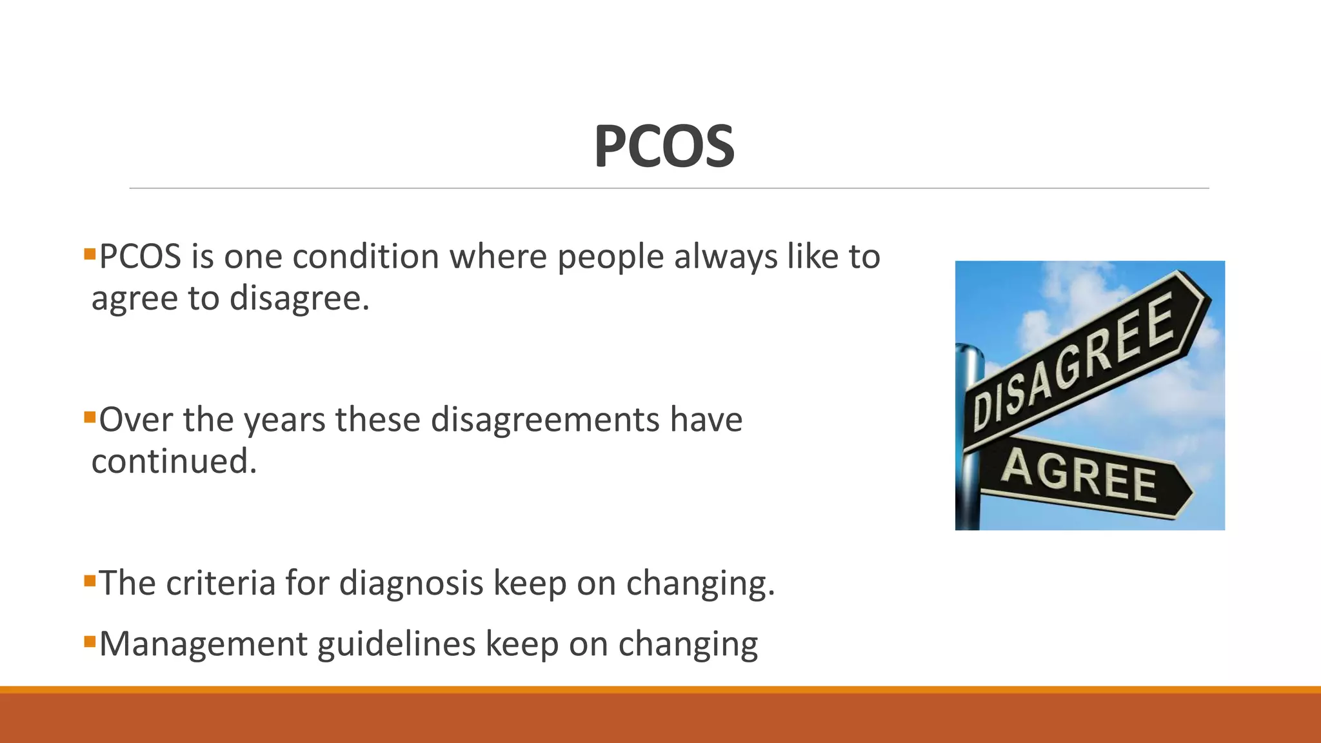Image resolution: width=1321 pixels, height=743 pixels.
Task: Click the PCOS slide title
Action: point(664,146)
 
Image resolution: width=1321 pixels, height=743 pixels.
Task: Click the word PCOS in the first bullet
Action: point(140,257)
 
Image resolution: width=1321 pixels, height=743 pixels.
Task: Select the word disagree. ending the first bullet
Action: point(299,299)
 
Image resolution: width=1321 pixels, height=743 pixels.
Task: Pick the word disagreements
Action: point(545,419)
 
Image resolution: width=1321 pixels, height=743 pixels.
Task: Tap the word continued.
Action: point(174,461)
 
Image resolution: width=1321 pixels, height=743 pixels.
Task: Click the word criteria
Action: point(221,582)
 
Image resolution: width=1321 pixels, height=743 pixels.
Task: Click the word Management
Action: point(203,644)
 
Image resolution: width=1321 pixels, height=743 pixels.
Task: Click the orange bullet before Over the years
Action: point(90,414)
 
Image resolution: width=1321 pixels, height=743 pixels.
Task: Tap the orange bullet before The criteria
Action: point(90,578)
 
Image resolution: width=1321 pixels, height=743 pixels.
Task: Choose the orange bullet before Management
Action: point(90,639)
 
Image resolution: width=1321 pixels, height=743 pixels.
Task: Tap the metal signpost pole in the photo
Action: point(969,490)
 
